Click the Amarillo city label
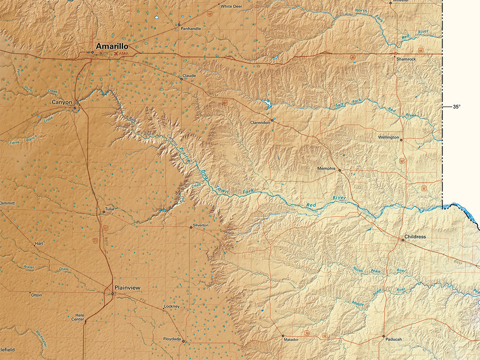click(112, 46)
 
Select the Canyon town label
click(62, 102)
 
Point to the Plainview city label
click(127, 287)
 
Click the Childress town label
click(415, 237)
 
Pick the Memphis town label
click(326, 168)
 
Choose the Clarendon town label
click(260, 122)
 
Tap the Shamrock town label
click(406, 59)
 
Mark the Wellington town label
click(389, 137)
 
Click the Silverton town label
click(200, 225)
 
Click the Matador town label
click(291, 340)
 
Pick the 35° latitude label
click(457, 107)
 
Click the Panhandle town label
click(191, 29)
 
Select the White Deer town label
click(231, 7)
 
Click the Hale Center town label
click(77, 317)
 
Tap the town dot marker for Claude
click(181, 79)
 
